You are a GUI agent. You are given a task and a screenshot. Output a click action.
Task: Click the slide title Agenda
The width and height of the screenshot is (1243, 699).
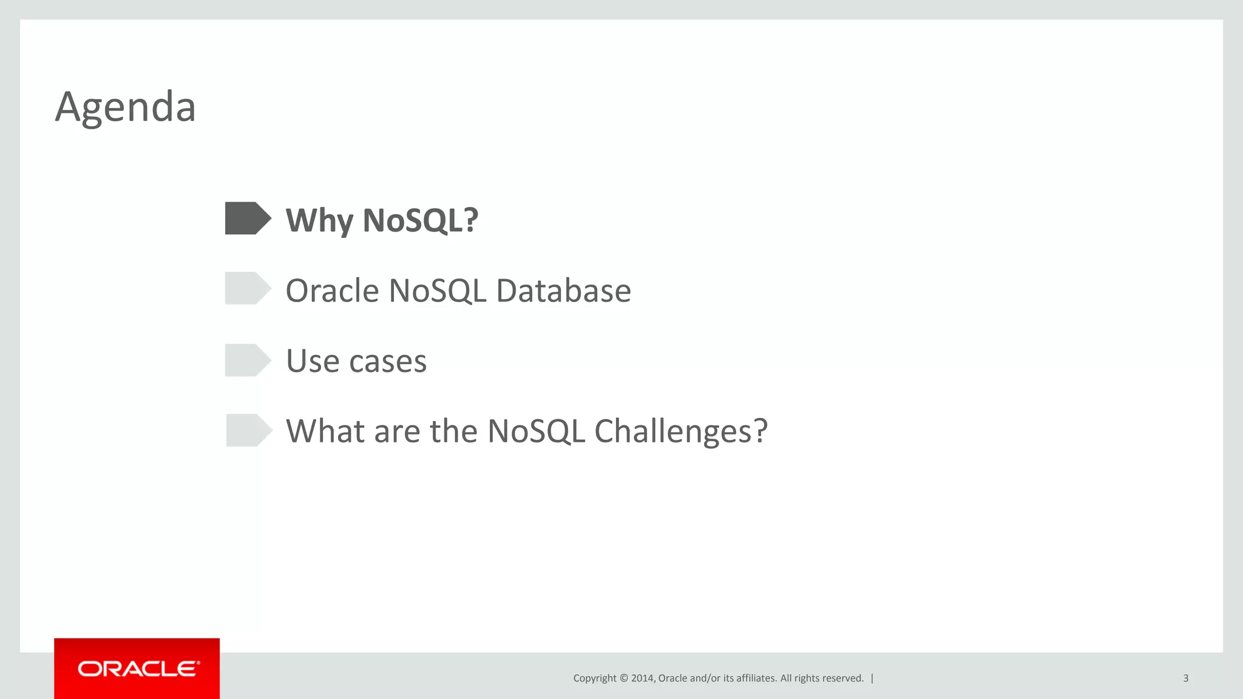coord(126,107)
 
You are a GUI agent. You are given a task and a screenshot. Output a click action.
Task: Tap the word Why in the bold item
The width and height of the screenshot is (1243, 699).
coord(319,220)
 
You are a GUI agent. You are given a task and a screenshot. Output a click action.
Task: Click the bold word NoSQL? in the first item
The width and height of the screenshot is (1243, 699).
coord(420,220)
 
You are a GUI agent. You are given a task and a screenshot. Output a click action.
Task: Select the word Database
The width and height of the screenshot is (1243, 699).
coord(563,291)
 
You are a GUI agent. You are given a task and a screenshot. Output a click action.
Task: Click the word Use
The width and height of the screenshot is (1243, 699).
coord(313,361)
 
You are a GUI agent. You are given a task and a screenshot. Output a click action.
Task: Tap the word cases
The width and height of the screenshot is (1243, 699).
coord(388,362)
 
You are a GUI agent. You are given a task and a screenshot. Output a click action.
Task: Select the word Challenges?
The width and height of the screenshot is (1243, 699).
coord(680,431)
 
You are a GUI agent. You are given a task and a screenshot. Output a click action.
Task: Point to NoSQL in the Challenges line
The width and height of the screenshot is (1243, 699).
coord(536,431)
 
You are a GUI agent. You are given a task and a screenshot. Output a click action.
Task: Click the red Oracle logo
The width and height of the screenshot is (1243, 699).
coord(137,669)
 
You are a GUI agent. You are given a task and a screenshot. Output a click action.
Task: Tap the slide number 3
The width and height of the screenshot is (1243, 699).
coord(1185,678)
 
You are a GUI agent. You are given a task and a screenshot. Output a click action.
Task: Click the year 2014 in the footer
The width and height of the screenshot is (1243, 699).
coord(642,678)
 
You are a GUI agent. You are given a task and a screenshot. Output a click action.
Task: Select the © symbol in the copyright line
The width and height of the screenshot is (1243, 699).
coord(623,678)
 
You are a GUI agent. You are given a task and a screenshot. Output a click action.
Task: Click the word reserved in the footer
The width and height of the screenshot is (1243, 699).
coord(844,678)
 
